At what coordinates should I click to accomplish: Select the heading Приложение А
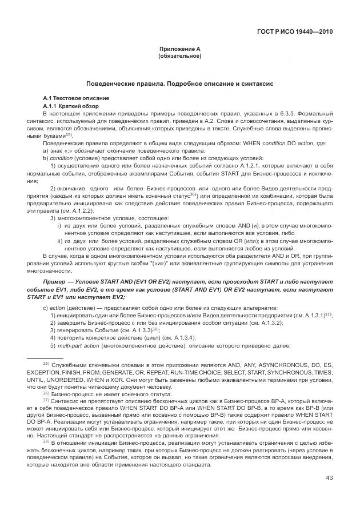179,50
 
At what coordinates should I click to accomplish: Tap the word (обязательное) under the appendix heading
179,57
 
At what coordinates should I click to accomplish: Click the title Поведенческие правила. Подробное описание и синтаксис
179,83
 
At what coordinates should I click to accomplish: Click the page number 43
329,478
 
